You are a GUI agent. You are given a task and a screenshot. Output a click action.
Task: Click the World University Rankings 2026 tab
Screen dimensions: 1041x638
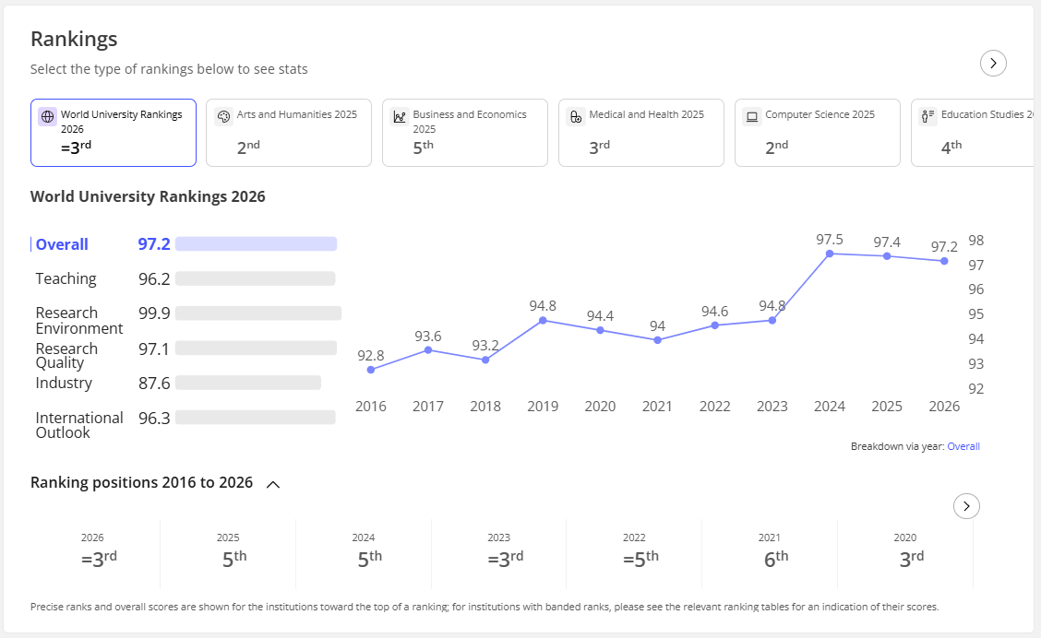(x=114, y=133)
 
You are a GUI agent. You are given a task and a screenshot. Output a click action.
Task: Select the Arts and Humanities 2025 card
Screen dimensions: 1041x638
(x=289, y=133)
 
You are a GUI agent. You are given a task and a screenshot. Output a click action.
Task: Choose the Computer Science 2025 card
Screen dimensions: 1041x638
(x=818, y=133)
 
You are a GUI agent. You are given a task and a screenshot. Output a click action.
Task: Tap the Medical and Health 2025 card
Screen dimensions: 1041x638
(x=641, y=133)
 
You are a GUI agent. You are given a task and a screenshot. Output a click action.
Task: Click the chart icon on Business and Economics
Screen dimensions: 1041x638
(x=400, y=117)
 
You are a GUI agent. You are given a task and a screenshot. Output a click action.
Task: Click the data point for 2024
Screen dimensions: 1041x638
(x=830, y=254)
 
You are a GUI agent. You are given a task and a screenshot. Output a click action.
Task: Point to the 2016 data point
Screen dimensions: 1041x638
(x=370, y=370)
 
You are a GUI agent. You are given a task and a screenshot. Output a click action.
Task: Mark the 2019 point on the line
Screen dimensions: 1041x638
(x=543, y=320)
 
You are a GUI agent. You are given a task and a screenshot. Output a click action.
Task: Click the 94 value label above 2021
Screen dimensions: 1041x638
(x=657, y=326)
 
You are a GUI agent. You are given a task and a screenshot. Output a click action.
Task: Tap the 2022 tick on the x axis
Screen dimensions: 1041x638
(x=714, y=407)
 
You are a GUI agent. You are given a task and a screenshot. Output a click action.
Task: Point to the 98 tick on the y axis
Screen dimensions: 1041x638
(x=976, y=240)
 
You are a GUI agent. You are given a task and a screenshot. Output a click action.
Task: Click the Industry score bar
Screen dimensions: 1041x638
(x=248, y=383)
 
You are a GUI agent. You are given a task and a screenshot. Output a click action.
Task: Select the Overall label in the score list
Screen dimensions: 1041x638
(x=62, y=244)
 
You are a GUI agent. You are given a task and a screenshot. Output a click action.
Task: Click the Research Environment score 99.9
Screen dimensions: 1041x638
(x=154, y=313)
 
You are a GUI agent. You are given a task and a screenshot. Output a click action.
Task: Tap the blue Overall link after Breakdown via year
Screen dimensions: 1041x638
(x=963, y=446)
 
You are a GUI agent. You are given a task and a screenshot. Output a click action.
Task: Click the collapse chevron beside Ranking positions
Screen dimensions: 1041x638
(x=273, y=485)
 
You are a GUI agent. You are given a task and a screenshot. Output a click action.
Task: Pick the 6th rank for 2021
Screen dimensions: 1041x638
(x=776, y=559)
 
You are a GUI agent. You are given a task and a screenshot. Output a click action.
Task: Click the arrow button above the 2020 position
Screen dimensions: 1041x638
(x=966, y=506)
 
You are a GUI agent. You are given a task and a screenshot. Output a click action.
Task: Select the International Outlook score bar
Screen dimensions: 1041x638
(x=256, y=418)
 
